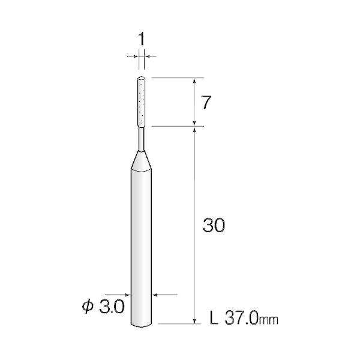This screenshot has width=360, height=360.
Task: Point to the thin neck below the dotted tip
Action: (142, 140)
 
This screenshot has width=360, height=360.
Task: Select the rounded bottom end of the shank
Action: (142, 324)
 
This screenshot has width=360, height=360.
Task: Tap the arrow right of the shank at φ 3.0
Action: (158, 295)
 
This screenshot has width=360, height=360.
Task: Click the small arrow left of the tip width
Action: (136, 56)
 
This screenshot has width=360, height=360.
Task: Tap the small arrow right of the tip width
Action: (148, 56)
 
